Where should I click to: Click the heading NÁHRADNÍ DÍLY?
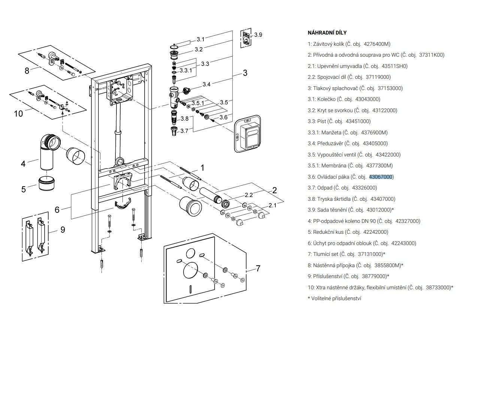pos(327,33)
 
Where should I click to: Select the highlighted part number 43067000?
pos(381,177)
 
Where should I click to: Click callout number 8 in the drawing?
pos(27,71)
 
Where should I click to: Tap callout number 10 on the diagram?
pos(19,114)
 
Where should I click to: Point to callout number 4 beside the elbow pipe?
pos(23,164)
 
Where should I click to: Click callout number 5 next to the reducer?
pos(23,189)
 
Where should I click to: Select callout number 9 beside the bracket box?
pos(63,230)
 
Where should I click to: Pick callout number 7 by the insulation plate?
pos(258,269)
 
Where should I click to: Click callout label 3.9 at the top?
pos(258,35)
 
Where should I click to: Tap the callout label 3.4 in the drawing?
pos(206,84)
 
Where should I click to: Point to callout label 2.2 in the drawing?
pos(249,195)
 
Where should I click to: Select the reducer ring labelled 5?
pos(47,183)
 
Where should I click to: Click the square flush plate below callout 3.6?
pos(248,134)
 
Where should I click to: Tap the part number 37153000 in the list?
pos(390,88)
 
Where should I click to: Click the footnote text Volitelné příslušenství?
pos(336,299)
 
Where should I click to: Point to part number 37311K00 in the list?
pos(432,55)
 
